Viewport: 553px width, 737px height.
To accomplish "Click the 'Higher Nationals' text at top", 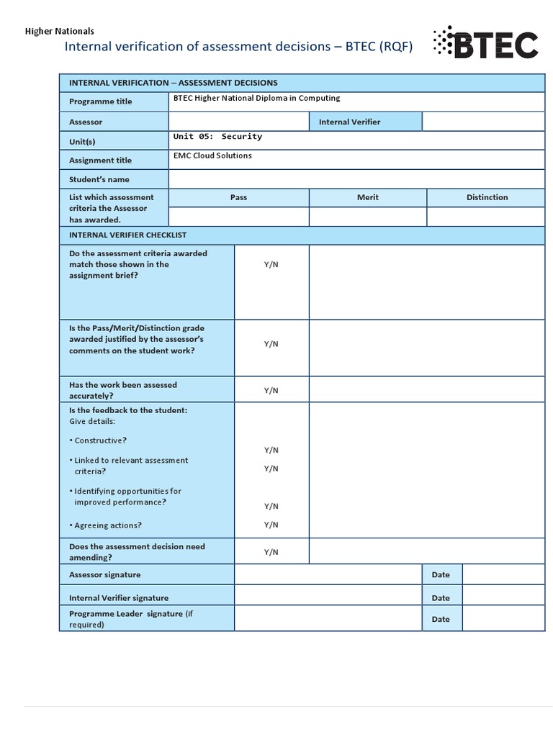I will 60,31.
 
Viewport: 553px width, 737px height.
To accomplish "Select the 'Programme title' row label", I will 101,101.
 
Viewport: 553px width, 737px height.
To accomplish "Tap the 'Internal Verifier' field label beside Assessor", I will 349,122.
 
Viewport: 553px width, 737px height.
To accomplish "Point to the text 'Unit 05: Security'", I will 217,136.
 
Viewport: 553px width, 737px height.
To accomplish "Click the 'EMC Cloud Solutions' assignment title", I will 212,155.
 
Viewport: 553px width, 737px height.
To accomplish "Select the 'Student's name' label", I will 99,179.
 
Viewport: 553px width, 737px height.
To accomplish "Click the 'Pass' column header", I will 238,197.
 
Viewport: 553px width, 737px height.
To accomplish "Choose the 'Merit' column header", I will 367,197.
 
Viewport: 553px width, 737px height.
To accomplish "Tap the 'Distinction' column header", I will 487,197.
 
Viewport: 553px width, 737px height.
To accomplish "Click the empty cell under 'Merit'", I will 367,217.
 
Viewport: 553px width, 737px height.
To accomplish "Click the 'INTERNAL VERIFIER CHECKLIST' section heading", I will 127,235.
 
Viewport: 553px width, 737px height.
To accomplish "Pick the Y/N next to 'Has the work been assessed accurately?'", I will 271,390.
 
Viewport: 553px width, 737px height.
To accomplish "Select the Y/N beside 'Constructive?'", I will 271,450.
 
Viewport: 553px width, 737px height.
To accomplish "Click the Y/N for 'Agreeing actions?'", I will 271,525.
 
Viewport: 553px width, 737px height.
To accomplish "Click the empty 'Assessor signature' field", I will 328,574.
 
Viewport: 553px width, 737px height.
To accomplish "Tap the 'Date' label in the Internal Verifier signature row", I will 441,598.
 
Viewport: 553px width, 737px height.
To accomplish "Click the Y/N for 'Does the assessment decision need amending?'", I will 271,552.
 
